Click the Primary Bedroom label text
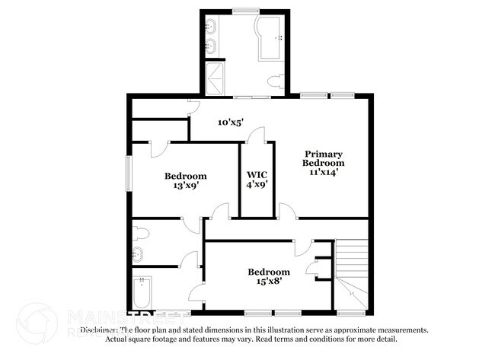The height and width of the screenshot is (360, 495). (x=323, y=158)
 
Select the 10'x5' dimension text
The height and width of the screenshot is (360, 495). (x=230, y=121)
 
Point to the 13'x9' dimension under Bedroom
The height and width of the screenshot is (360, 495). (x=185, y=186)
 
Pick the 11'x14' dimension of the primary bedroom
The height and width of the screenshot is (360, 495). (x=323, y=172)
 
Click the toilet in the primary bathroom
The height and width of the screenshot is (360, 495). (x=276, y=80)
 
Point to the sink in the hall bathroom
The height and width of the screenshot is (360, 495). (x=139, y=253)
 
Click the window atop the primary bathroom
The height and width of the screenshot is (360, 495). (x=244, y=11)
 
